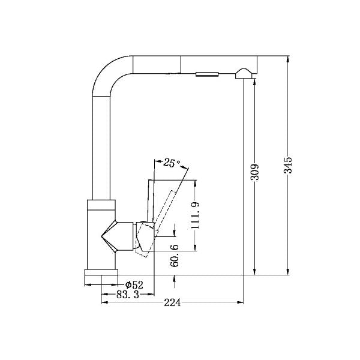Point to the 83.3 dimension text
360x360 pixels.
(127, 294)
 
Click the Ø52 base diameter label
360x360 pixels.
(134, 284)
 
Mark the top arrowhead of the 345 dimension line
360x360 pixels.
(289, 58)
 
